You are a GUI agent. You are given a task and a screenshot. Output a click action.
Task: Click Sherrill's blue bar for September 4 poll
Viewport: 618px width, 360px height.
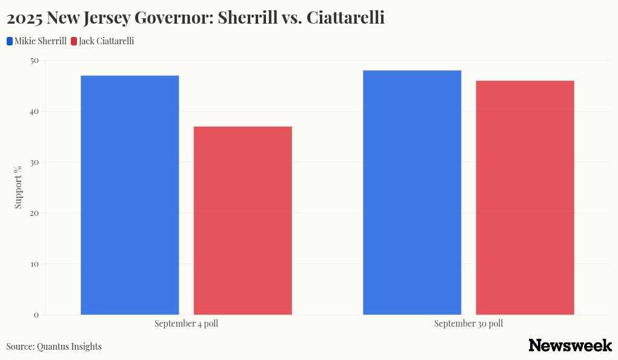[130, 195]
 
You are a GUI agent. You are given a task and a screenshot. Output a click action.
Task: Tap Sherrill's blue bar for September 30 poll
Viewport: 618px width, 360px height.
[412, 192]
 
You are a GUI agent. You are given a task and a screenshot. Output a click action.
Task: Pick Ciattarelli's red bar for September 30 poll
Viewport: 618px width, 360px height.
[525, 197]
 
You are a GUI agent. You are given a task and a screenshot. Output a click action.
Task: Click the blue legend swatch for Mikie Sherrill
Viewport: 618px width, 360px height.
[10, 41]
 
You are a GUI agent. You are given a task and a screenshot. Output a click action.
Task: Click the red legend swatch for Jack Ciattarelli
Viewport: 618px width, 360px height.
[74, 41]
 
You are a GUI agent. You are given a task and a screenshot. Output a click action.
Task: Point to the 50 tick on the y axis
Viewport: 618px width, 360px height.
[34, 61]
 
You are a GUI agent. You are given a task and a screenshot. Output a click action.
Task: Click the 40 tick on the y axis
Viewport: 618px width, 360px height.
[34, 112]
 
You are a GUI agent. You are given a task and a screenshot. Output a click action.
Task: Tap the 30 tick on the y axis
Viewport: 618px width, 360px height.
[34, 162]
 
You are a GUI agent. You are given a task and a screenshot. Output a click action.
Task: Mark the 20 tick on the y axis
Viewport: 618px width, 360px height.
[34, 213]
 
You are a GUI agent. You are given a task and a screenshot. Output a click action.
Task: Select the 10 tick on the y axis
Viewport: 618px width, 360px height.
[34, 264]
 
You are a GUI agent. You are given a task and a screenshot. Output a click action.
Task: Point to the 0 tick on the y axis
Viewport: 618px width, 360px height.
[36, 315]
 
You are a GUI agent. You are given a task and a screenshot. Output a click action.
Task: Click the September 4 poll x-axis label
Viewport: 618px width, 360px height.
[186, 324]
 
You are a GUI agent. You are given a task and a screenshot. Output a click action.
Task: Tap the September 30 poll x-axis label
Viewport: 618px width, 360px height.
[468, 324]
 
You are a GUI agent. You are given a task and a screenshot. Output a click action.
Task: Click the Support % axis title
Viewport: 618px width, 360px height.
[18, 187]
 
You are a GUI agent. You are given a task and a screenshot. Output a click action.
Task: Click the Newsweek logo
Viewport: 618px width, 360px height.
[570, 345]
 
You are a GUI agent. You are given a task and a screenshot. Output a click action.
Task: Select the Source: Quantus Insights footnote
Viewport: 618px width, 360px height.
[54, 347]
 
